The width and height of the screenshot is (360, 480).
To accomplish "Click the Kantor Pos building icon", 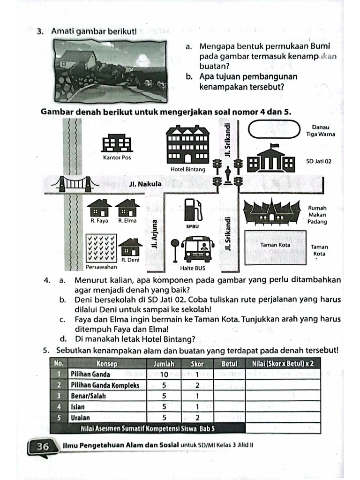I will (x=117, y=143).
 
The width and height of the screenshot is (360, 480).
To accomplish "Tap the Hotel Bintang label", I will (x=187, y=169).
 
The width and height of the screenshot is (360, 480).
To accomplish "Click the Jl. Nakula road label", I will (x=145, y=184).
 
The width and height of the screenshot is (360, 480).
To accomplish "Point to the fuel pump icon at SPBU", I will (x=191, y=209).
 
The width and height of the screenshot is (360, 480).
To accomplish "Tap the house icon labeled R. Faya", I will (x=99, y=208).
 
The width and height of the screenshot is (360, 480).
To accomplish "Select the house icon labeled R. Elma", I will (x=127, y=208).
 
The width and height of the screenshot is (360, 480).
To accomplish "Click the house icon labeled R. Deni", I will (x=130, y=247).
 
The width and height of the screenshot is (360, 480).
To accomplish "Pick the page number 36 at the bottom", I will (x=43, y=447).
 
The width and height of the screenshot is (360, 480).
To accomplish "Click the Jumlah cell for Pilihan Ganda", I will (x=164, y=374).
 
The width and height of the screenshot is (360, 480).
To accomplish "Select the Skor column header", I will (x=197, y=363).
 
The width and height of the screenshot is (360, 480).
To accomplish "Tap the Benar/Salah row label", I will (x=88, y=396).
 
